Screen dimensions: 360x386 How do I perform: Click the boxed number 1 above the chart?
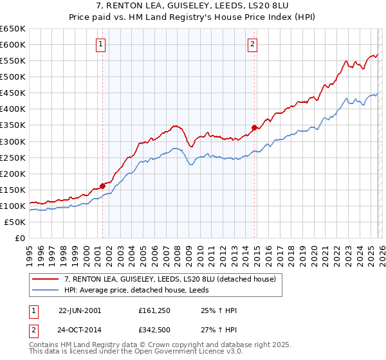click(102, 44)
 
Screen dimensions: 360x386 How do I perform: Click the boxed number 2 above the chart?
click(252, 44)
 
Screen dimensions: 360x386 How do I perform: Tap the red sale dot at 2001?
click(103, 186)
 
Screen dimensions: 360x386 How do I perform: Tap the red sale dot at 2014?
click(255, 127)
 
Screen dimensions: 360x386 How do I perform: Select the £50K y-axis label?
click(15, 222)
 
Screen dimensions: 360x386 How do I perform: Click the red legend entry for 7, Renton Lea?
click(170, 279)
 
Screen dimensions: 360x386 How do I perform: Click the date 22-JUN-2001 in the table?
click(80, 310)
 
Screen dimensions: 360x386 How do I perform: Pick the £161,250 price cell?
click(154, 310)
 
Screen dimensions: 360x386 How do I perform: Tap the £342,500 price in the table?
click(154, 330)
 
